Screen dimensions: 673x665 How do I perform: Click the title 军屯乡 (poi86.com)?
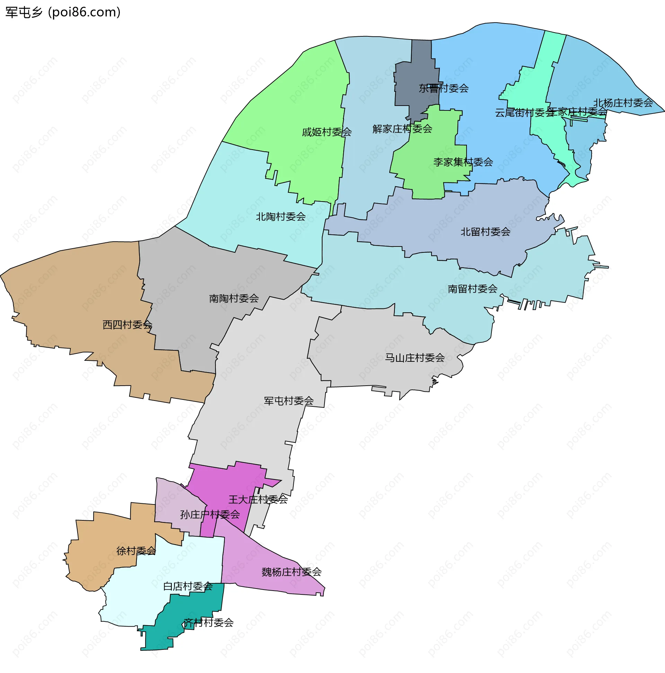pos(63,12)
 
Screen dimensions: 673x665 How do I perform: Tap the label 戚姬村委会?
pos(327,132)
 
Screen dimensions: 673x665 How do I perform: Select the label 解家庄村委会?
pos(402,129)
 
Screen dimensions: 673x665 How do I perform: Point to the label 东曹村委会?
pos(444,89)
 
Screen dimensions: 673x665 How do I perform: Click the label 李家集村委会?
pos(463,162)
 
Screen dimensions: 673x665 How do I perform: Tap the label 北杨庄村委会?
pos(623,103)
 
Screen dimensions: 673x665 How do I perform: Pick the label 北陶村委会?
pos(281,217)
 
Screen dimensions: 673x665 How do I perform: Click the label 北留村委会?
pos(486,232)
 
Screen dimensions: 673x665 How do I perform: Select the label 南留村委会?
pos(472,289)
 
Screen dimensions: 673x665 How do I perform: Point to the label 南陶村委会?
pos(234,298)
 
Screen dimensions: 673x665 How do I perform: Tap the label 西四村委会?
pos(127,325)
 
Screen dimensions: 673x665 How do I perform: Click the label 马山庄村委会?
pos(415,358)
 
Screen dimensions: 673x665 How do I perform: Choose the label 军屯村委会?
pos(289,401)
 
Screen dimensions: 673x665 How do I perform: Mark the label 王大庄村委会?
pos(258,500)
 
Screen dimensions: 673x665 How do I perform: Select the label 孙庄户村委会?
pos(210,514)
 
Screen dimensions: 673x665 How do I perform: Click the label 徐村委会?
pos(136,551)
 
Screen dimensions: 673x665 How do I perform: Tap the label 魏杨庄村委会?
pos(291,572)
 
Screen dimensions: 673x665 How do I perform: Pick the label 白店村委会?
pos(188,586)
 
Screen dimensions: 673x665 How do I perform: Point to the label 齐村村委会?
pos(209,622)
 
